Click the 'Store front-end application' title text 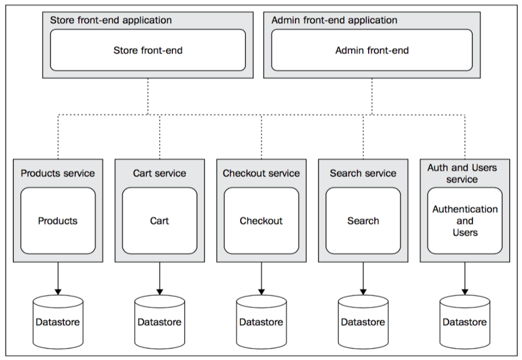[x=111, y=21]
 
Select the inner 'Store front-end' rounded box [x=148, y=50]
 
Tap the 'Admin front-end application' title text [x=334, y=21]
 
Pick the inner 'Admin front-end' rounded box [x=372, y=50]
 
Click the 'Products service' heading [x=58, y=173]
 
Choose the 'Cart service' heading [x=160, y=173]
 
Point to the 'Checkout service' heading [x=261, y=173]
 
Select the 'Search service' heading [x=363, y=173]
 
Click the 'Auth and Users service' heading [x=462, y=173]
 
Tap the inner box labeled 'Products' [x=58, y=221]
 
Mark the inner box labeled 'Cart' [x=160, y=221]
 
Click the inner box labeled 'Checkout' [x=261, y=221]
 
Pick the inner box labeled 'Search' [x=363, y=221]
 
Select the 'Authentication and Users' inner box [x=465, y=221]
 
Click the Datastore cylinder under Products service [x=58, y=322]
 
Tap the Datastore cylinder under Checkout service [x=261, y=322]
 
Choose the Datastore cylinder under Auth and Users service [x=465, y=322]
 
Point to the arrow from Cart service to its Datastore [x=160, y=279]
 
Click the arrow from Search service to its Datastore [x=363, y=279]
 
